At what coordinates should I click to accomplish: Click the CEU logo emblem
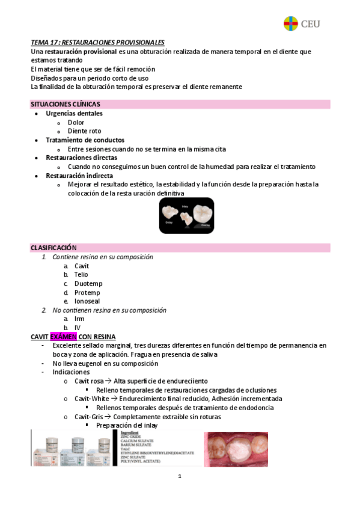(x=291, y=23)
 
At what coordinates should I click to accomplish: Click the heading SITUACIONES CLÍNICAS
(x=66, y=104)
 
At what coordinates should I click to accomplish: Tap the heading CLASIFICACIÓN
(x=53, y=248)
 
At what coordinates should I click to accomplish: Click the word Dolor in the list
(x=76, y=122)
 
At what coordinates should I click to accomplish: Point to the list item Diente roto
(x=84, y=131)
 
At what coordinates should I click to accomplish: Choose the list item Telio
(x=81, y=274)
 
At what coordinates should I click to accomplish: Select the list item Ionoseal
(x=87, y=301)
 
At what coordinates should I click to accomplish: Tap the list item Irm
(x=79, y=319)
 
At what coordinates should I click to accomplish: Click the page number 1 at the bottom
(x=180, y=476)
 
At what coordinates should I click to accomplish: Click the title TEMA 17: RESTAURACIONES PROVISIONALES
(x=97, y=42)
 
